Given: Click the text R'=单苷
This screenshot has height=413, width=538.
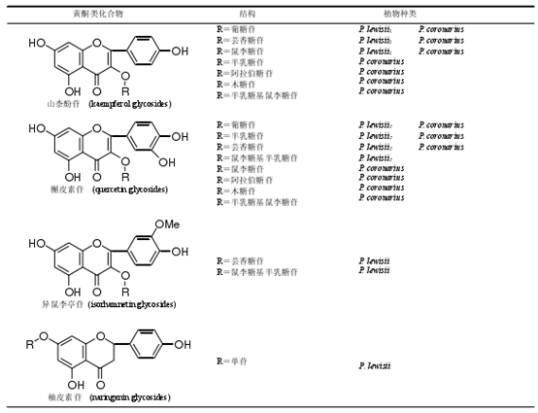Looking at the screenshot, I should pos(234,361).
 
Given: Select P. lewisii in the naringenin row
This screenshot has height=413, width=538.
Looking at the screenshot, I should pos(375,365).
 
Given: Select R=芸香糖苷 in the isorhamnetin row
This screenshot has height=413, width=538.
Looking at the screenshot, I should pos(240,261).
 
